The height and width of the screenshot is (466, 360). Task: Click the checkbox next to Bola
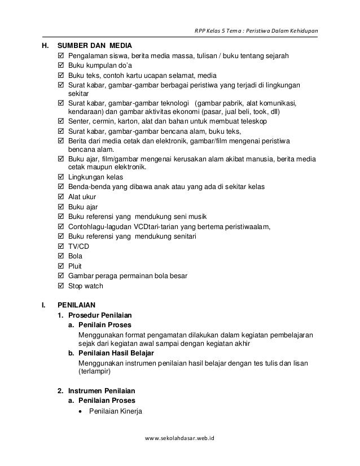[62, 257]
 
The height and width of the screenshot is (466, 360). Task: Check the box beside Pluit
[62, 266]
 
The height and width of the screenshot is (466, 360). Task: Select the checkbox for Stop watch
[62, 286]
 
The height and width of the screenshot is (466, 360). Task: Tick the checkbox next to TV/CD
[62, 247]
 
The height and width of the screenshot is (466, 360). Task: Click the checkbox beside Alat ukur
[62, 197]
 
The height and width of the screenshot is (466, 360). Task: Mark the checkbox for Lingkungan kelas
[62, 177]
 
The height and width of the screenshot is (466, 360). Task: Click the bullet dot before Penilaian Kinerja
[83, 411]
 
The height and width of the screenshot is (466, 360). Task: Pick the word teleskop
[253, 121]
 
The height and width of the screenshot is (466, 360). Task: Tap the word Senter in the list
[79, 121]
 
